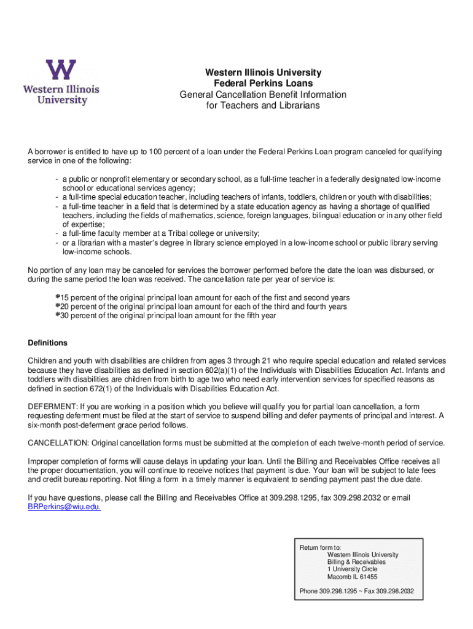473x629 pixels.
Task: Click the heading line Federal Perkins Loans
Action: [263, 84]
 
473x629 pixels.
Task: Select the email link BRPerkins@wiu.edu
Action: [64, 507]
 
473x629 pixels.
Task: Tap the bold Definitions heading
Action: [48, 343]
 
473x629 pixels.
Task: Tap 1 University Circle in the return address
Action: [352, 569]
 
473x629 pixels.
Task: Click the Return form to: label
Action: [320, 547]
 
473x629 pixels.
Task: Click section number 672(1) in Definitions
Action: [98, 389]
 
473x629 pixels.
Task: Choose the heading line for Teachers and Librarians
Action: [263, 106]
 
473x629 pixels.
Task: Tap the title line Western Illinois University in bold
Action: [263, 72]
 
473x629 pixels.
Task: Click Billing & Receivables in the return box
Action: [356, 562]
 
